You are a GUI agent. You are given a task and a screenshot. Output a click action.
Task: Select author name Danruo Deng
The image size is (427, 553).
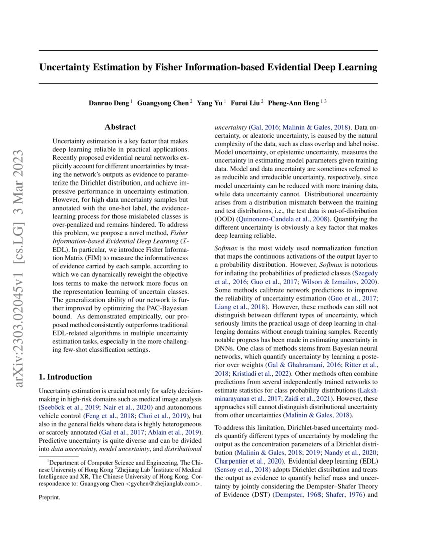tap(110, 103)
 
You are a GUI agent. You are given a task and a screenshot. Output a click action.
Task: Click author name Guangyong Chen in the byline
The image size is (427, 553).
tap(163, 103)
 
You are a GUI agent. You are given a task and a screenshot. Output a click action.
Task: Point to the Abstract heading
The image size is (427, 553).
tap(120, 128)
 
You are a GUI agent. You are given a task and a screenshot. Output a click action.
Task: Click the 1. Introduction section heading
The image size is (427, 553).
tap(65, 377)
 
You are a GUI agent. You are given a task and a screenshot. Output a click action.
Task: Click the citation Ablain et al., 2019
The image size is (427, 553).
tap(171, 433)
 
